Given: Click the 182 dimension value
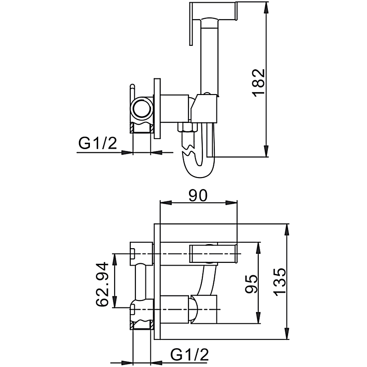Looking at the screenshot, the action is (259, 82).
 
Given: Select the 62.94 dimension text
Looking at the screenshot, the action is (102, 284).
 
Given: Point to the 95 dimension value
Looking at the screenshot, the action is (251, 284).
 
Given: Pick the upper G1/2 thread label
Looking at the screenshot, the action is (98, 143).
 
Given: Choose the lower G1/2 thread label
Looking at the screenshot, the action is (189, 355).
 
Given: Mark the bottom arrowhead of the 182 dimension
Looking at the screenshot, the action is (266, 151).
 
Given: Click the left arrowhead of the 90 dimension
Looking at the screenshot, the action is (166, 203).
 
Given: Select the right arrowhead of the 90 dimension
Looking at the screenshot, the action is (231, 203).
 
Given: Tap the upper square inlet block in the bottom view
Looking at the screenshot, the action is (141, 254).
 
